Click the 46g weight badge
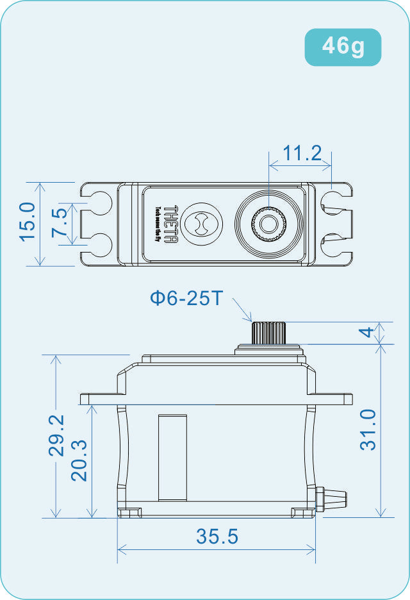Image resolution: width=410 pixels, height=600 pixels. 343,46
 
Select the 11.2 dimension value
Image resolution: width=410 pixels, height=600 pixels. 302,153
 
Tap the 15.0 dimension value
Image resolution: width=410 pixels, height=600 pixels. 27,222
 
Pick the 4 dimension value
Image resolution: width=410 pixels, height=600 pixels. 366,333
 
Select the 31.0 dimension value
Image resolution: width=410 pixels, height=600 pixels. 368,430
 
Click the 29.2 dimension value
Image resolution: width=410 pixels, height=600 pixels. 57,435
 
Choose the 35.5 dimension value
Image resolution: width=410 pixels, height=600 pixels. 217,537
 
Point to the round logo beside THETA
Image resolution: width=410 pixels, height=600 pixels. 202,224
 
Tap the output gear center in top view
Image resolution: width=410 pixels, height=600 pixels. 268,224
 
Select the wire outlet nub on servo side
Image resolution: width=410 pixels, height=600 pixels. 334,496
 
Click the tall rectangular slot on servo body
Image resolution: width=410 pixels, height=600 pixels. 173,456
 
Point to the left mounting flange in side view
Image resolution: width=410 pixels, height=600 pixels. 99,399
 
